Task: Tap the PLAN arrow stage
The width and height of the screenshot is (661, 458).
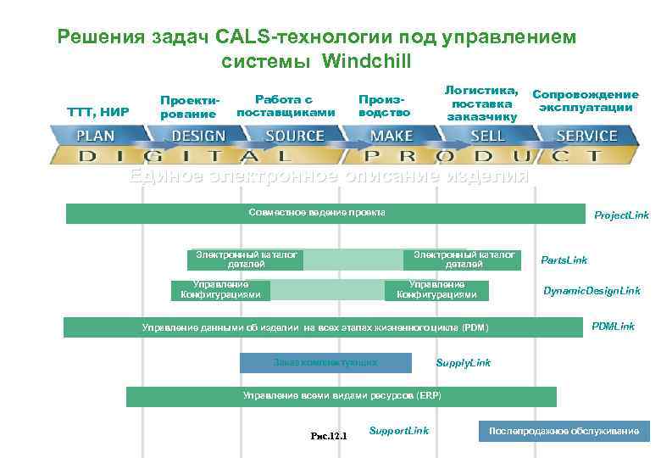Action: (x=96, y=136)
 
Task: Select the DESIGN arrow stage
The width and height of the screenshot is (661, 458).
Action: (x=198, y=136)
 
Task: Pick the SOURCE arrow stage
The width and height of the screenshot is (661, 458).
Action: (x=294, y=136)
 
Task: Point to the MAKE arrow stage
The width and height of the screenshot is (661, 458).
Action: (x=392, y=136)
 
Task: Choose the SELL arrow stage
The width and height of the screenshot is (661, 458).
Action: (x=487, y=136)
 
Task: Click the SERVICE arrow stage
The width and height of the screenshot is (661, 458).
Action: (x=586, y=136)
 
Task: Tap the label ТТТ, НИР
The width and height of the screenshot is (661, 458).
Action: (x=98, y=111)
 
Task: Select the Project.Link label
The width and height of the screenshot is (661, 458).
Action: (x=621, y=216)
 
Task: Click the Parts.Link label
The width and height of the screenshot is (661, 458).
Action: (x=564, y=260)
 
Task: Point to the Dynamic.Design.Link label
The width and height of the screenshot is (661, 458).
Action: (x=592, y=291)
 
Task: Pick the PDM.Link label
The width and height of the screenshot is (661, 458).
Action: (x=613, y=327)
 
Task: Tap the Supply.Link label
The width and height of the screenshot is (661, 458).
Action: (x=463, y=363)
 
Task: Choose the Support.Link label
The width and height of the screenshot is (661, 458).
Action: (x=399, y=431)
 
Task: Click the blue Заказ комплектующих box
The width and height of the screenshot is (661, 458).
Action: (x=325, y=362)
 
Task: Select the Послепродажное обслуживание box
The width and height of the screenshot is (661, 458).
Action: (x=564, y=432)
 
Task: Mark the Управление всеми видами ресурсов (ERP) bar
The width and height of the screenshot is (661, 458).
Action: (x=342, y=396)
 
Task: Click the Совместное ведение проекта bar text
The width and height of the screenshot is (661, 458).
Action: (x=317, y=212)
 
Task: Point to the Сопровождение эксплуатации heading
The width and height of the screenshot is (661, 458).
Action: (x=585, y=101)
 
